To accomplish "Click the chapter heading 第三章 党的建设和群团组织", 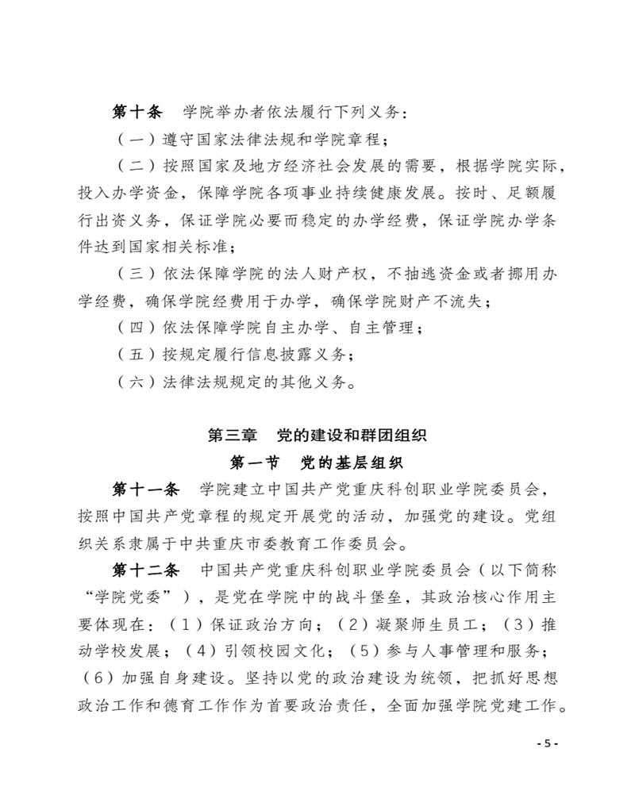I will [317, 435].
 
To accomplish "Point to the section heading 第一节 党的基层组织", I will [317, 461].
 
